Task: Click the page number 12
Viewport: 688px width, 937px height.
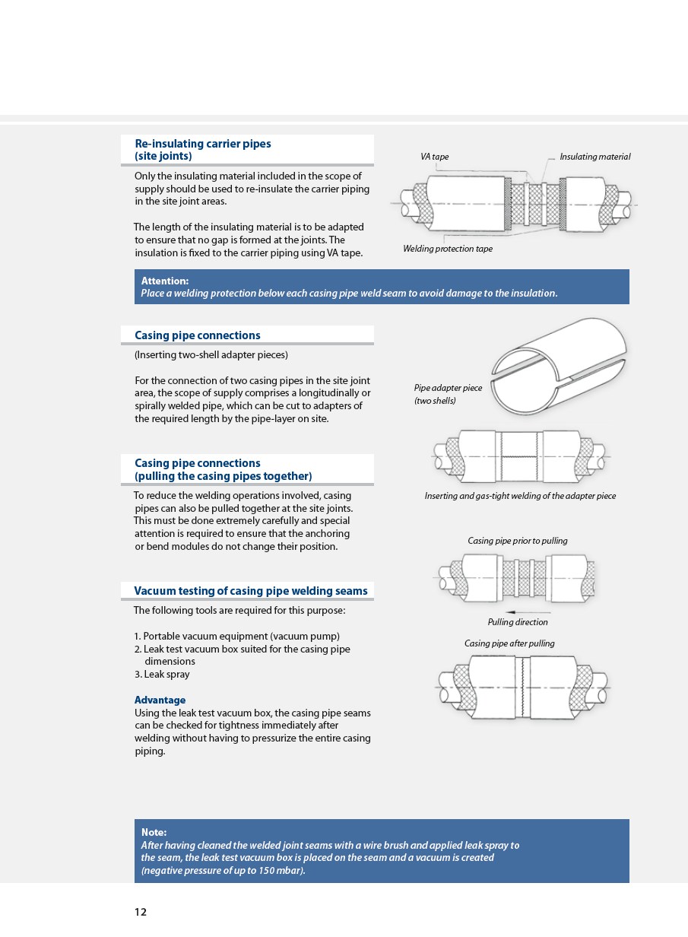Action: coord(141,912)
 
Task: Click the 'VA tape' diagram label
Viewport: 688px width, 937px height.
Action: coord(434,157)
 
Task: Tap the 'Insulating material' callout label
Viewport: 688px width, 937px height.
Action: coord(594,157)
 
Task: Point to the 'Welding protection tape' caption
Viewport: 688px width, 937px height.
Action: coord(447,249)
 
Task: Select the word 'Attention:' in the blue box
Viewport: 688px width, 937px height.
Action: coord(165,281)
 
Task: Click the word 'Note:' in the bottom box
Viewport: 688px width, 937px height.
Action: coord(154,832)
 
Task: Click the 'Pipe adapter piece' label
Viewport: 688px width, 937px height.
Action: coord(448,388)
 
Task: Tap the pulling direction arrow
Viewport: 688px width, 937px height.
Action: coord(528,611)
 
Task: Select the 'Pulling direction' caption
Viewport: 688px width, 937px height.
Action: coord(517,622)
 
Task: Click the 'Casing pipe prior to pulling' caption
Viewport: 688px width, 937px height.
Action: coord(517,541)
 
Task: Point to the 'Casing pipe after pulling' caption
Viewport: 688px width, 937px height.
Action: coord(509,643)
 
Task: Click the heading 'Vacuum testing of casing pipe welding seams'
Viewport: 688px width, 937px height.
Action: coord(250,591)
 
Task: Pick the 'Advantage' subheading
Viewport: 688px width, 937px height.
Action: coord(160,700)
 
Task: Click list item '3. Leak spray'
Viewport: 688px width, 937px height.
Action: coord(162,674)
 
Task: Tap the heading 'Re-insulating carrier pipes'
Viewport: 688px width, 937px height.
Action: coord(202,144)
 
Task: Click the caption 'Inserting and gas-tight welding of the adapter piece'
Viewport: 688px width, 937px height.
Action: coord(520,496)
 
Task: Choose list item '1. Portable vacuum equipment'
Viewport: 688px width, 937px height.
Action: coord(236,636)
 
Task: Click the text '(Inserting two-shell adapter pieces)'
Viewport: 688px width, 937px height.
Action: coord(211,354)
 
